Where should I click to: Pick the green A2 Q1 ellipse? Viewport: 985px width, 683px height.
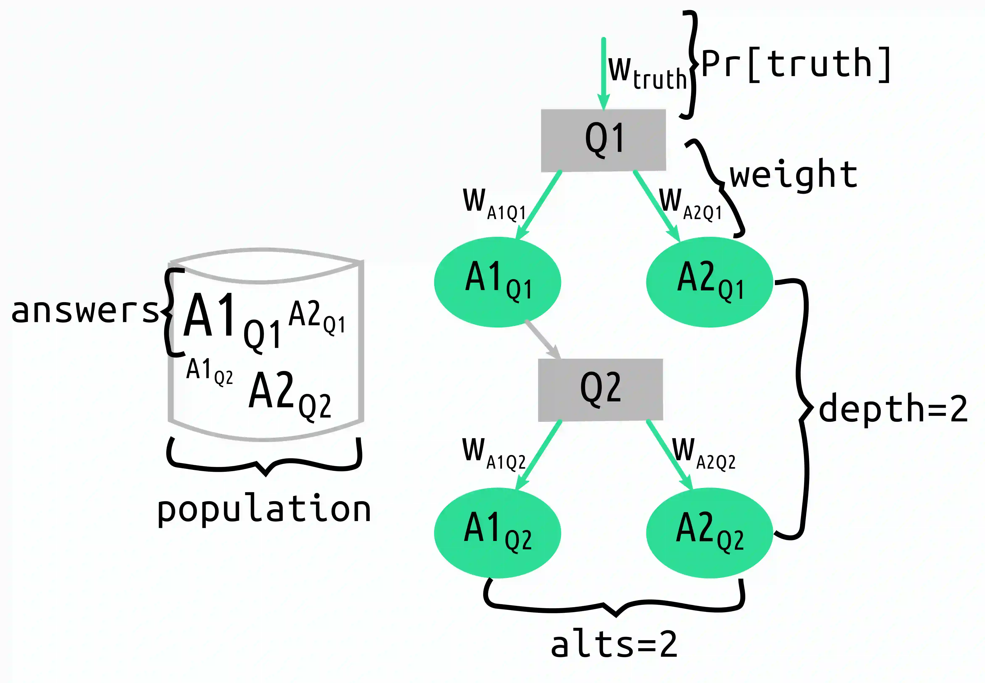coord(710,282)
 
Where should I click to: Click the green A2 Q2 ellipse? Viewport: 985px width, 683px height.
coord(710,533)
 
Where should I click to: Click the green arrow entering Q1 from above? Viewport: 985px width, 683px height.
coord(603,73)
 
